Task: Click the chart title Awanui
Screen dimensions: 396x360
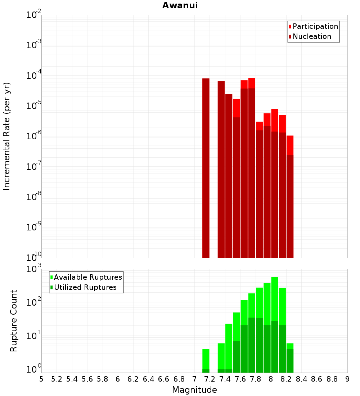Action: coord(180,5)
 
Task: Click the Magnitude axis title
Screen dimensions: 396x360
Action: coord(194,390)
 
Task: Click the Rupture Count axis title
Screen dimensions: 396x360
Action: coord(13,321)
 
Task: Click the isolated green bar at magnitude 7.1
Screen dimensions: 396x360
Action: coord(206,360)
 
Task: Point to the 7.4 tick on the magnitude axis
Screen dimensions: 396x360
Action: coord(225,379)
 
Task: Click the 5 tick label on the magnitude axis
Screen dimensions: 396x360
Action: coord(41,379)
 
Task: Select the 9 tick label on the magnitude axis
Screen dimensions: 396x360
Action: coord(347,379)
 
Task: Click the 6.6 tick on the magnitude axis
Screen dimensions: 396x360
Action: coord(164,379)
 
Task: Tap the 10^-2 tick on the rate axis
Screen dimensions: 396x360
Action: coord(34,15)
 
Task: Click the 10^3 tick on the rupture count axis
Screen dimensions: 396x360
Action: coord(34,269)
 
